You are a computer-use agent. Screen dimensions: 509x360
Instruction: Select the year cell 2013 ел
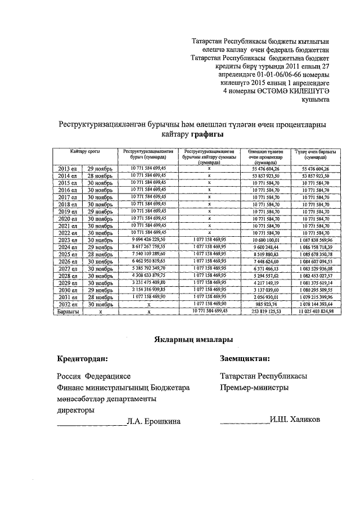pos(67,169)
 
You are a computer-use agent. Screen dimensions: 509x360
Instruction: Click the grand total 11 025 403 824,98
pos(320,311)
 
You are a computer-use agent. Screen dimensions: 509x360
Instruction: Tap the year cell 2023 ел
pos(67,240)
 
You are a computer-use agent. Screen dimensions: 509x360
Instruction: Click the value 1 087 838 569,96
pos(320,240)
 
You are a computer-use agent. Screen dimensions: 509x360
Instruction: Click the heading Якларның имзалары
pos(192,339)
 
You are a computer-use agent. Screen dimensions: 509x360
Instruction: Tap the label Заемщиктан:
pos(245,358)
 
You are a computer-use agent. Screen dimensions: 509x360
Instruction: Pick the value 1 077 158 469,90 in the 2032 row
pos(209,304)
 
